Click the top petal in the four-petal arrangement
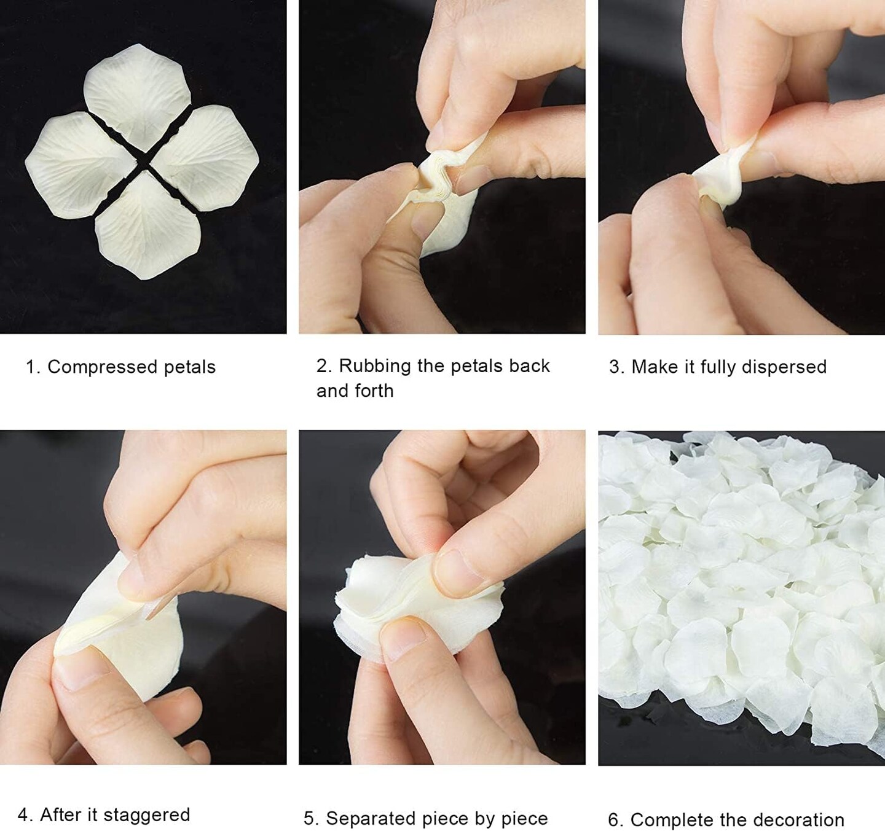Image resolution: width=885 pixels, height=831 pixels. tap(136, 95)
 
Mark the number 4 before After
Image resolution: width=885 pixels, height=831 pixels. tap(24, 815)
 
